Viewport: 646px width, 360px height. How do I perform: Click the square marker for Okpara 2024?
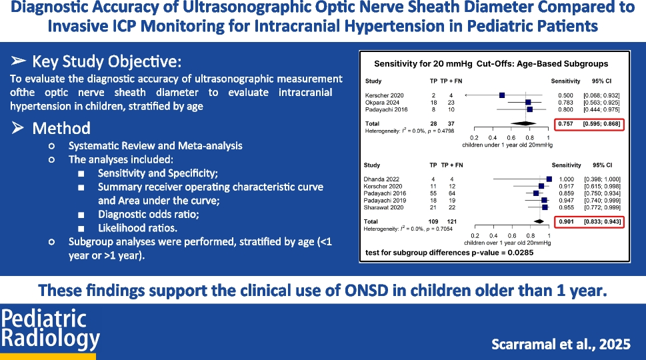tap(529, 102)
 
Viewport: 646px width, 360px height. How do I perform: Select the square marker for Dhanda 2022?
tap(549, 179)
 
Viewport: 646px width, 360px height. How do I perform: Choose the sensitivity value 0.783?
tap(565, 102)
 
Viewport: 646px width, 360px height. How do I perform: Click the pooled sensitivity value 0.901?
tap(565, 221)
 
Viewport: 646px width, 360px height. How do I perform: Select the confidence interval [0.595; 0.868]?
tap(601, 123)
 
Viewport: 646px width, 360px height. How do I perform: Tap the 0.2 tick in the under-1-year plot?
tap(475, 137)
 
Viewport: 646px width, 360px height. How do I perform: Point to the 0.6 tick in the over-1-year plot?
tap(512, 235)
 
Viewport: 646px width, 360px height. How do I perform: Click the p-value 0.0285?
tap(498, 253)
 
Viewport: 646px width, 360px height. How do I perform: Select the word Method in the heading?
tap(61, 128)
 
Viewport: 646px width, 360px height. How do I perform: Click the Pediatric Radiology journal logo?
tap(51, 329)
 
